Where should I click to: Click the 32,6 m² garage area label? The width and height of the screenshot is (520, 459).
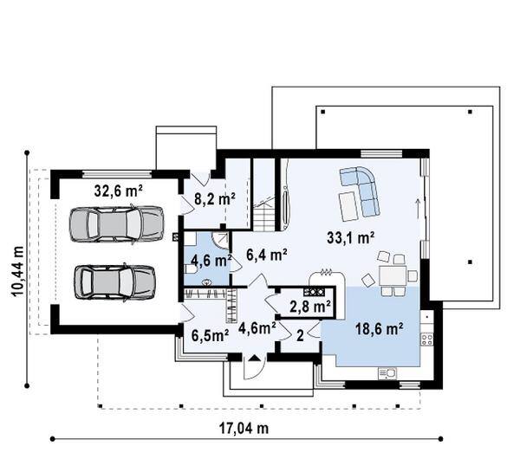click(x=119, y=191)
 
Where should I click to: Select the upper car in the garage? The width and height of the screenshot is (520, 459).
click(x=116, y=224)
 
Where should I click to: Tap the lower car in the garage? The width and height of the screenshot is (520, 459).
click(x=114, y=282)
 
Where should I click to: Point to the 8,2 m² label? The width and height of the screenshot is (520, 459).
click(x=215, y=199)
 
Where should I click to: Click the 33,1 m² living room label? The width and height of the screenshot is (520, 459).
click(x=351, y=237)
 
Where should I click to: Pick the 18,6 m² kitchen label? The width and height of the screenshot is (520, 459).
click(x=380, y=329)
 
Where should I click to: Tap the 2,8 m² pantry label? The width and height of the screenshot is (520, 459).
click(x=310, y=307)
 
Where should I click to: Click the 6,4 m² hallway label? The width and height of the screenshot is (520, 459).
click(x=267, y=255)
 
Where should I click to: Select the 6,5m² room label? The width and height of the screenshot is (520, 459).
click(x=211, y=335)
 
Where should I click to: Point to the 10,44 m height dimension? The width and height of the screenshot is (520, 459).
click(x=17, y=271)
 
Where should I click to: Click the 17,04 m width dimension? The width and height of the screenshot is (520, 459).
click(x=244, y=428)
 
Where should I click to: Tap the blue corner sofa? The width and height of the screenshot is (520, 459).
click(x=361, y=191)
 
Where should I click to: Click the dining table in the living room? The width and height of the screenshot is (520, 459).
click(x=393, y=275)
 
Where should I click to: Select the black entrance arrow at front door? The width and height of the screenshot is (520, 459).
click(x=254, y=358)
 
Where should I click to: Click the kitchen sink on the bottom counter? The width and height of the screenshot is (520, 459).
click(x=387, y=373)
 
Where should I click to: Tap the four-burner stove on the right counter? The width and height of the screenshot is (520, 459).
click(x=426, y=339)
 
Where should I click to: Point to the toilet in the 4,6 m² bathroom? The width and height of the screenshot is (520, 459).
click(x=191, y=269)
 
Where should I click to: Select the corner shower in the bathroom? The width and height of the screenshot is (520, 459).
click(x=220, y=241)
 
